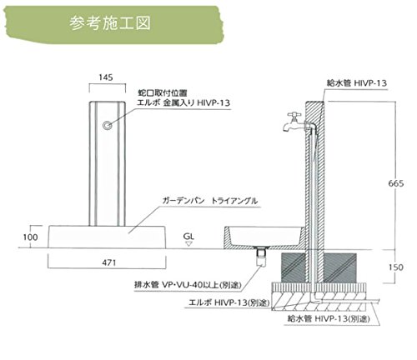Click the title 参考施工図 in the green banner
click(110, 23)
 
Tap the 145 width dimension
click(106, 77)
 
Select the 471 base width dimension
click(109, 262)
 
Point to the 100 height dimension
click(30, 237)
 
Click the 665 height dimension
click(396, 183)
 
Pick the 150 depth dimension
click(396, 267)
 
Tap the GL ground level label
click(188, 237)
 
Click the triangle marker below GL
click(188, 243)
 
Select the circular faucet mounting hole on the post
click(107, 125)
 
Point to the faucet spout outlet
click(286, 128)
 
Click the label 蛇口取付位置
click(163, 92)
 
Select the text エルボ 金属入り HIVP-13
click(183, 102)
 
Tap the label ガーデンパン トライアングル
click(210, 201)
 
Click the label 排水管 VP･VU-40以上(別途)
click(188, 285)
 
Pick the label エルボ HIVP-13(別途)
click(229, 302)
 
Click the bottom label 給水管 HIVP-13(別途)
click(329, 318)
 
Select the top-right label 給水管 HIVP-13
click(357, 83)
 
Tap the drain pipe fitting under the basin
click(261, 257)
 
